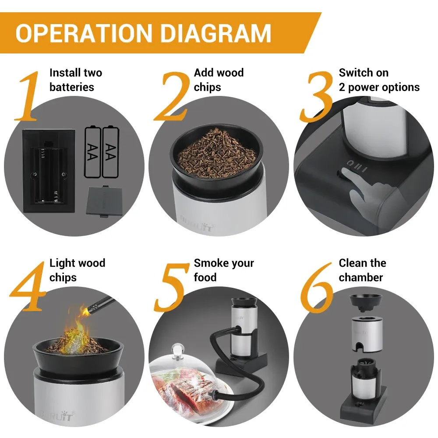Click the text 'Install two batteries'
point(75,80)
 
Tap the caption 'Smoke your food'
point(223,270)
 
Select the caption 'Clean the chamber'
point(362,270)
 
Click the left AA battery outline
point(92,152)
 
